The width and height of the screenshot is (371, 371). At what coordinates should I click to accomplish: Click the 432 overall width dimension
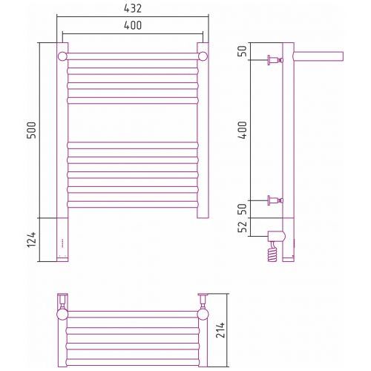[x=133, y=8]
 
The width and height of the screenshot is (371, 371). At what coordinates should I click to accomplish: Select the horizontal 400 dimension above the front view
[x=133, y=25]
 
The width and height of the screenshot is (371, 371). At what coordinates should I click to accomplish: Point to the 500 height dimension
[x=32, y=130]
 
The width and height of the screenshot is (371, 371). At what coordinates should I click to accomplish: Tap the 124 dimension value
[x=32, y=240]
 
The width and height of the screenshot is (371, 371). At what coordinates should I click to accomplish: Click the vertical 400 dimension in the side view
[x=243, y=130]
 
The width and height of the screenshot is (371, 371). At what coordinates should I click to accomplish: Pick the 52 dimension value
[x=243, y=226]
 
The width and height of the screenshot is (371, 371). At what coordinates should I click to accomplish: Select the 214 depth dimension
[x=220, y=330]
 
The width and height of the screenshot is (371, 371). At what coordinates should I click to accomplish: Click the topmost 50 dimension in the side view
[x=243, y=51]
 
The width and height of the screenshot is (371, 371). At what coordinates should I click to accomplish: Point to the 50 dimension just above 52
[x=243, y=209]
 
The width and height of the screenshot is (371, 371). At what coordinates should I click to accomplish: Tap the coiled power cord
[x=272, y=252]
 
